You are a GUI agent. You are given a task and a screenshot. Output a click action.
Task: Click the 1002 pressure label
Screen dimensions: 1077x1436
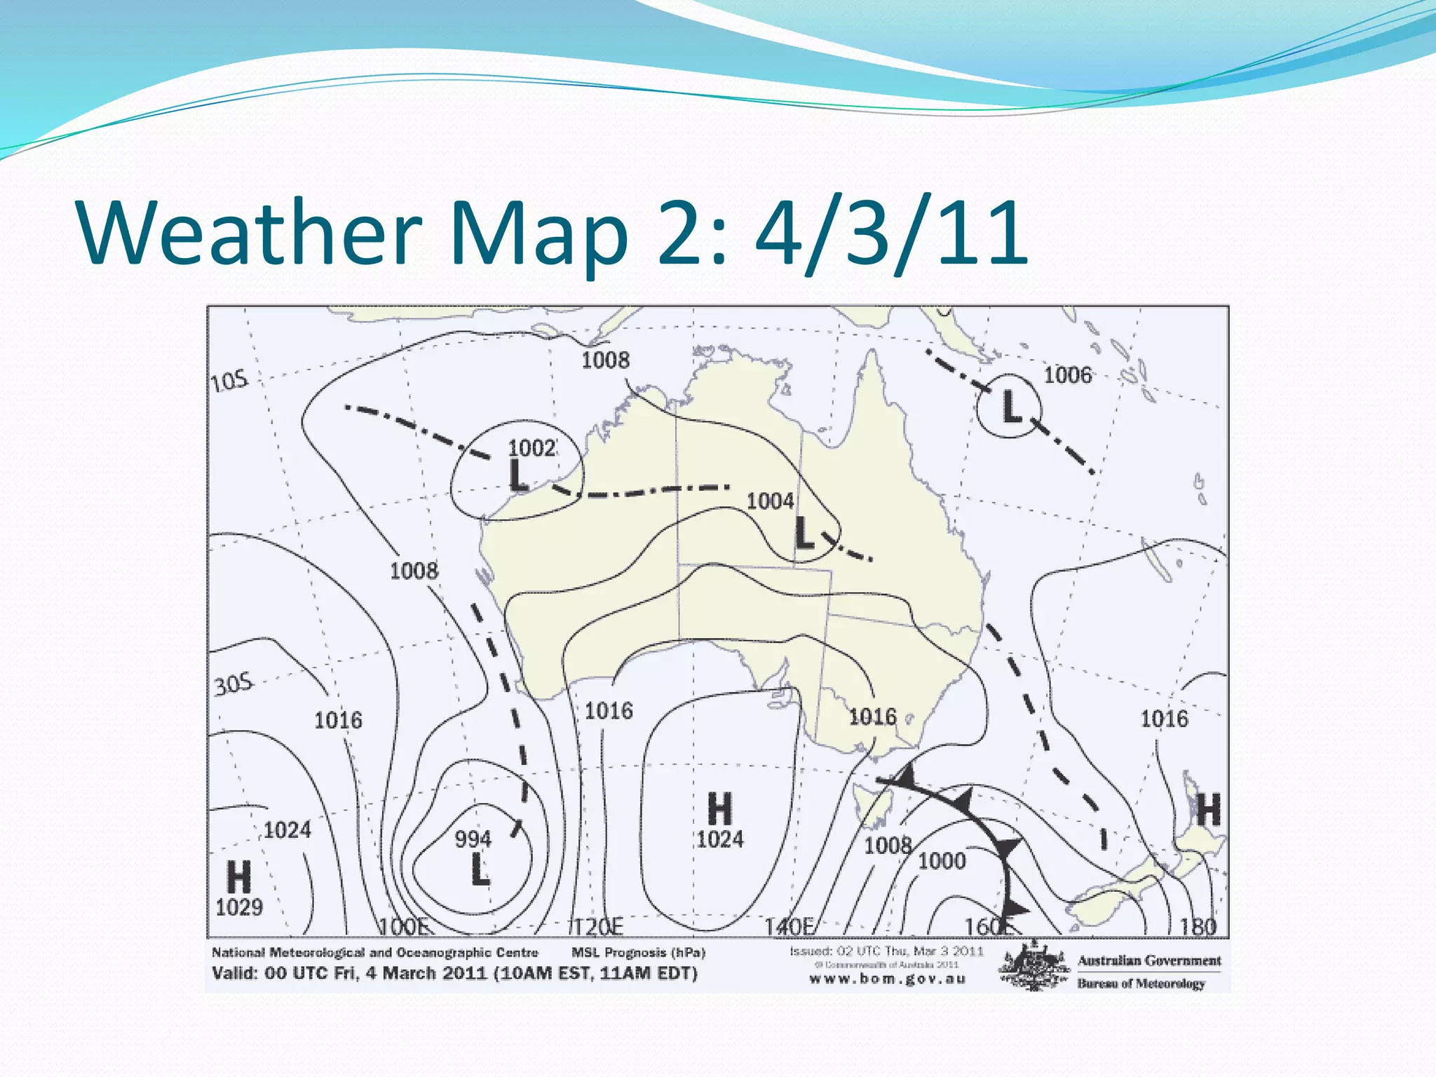point(531,447)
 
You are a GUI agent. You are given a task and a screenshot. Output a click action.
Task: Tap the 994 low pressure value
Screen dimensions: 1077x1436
point(473,839)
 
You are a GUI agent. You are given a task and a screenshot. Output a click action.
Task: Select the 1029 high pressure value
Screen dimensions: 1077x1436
point(239,907)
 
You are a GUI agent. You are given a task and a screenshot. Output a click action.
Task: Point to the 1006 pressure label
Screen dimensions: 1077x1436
point(1067,375)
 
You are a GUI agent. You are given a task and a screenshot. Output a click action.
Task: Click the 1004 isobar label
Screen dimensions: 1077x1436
point(770,501)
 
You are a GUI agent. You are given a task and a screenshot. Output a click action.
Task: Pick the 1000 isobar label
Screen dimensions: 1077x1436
point(942,860)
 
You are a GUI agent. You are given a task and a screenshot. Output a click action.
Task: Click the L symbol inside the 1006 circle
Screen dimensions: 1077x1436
point(1010,407)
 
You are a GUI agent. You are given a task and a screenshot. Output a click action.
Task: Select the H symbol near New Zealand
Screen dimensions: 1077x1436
point(1208,810)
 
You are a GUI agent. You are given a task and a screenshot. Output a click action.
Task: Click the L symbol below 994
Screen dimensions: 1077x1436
point(480,869)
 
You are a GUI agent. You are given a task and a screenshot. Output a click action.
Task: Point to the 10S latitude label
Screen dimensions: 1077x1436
point(230,381)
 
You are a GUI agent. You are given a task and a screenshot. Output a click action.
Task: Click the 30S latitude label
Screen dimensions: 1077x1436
point(233,684)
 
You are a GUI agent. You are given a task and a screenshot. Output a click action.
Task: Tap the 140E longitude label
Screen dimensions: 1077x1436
point(789,927)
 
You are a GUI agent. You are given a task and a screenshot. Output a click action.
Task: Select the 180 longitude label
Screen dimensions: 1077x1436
point(1198,927)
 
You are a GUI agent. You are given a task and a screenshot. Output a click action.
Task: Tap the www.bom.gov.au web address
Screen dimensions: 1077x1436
point(888,979)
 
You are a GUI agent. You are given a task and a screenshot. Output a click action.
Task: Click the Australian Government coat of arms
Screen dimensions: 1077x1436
point(1034,968)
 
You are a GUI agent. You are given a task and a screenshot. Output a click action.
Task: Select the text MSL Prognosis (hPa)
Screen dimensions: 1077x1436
point(638,952)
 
